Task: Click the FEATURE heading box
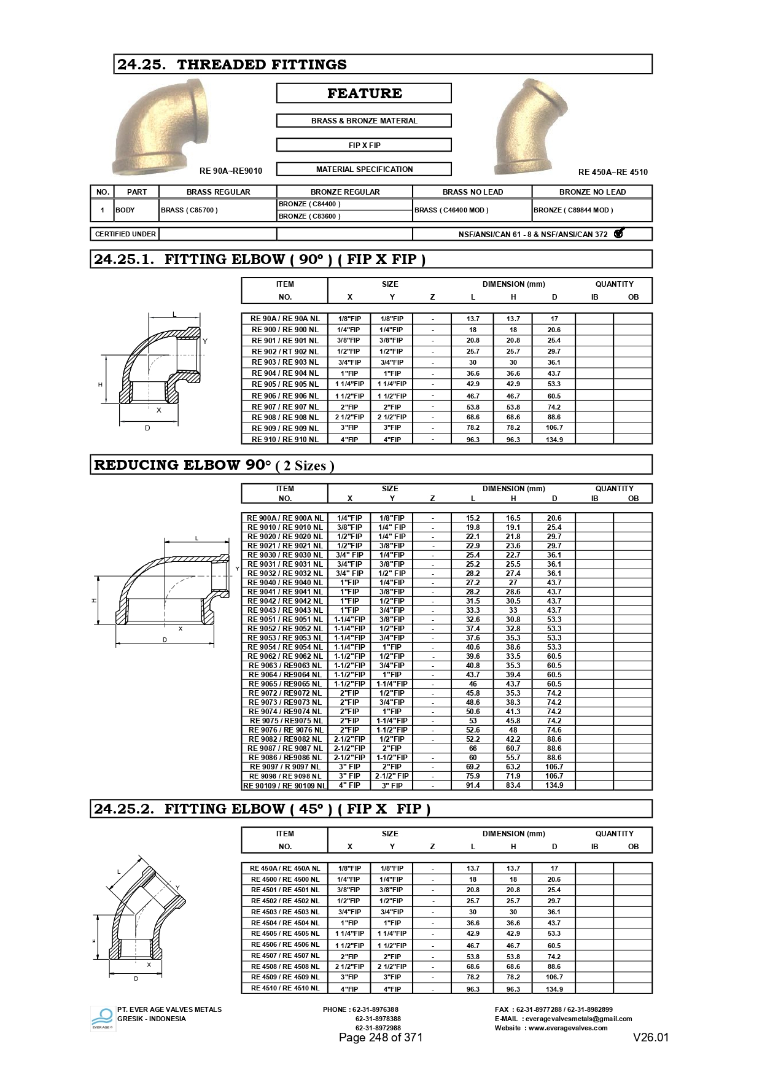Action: (364, 93)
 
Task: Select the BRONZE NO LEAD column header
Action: (592, 192)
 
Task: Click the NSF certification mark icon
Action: (619, 233)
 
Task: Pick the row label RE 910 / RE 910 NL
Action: (285, 439)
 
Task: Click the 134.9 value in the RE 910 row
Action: (554, 439)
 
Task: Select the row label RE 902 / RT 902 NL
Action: (285, 351)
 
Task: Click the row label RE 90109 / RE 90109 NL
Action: (285, 785)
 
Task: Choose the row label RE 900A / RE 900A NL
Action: (285, 518)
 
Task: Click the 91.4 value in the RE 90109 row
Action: (473, 785)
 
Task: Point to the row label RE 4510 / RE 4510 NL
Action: (285, 988)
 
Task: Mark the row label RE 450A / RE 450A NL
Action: (285, 868)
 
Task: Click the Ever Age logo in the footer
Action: (103, 1019)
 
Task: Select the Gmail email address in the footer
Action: (577, 1019)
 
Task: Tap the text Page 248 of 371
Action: (381, 1037)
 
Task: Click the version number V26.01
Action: (651, 1037)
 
